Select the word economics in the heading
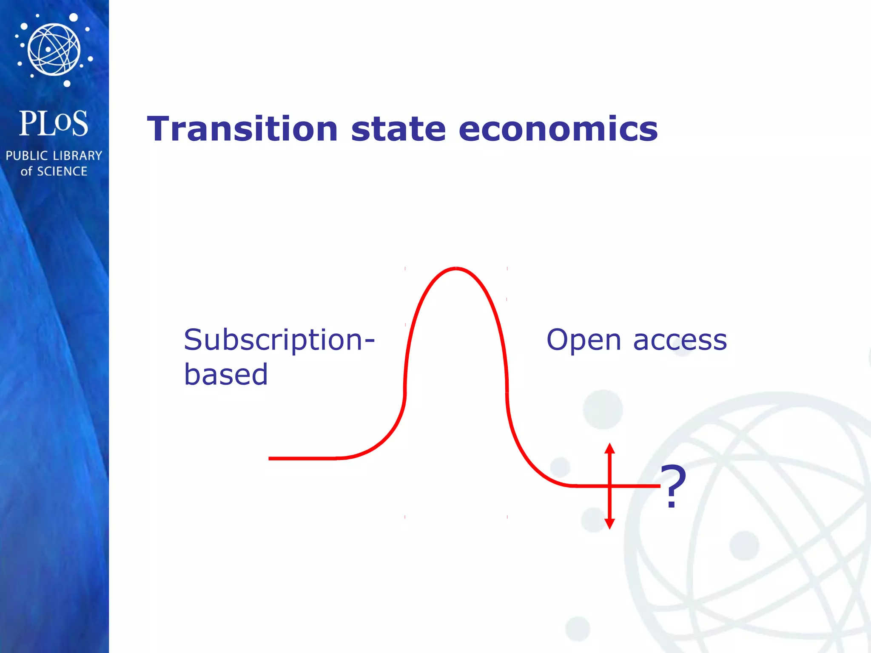pyautogui.click(x=558, y=129)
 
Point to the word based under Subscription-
pyautogui.click(x=226, y=375)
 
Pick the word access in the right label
pyautogui.click(x=680, y=341)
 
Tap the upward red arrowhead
pyautogui.click(x=610, y=449)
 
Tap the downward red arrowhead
pyautogui.click(x=610, y=524)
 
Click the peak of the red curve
pyautogui.click(x=456, y=268)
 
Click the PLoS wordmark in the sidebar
pyautogui.click(x=54, y=124)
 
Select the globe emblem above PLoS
pyautogui.click(x=54, y=49)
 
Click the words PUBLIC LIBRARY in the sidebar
pyautogui.click(x=54, y=156)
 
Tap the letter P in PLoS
pyautogui.click(x=28, y=124)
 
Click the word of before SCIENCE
pyautogui.click(x=26, y=171)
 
